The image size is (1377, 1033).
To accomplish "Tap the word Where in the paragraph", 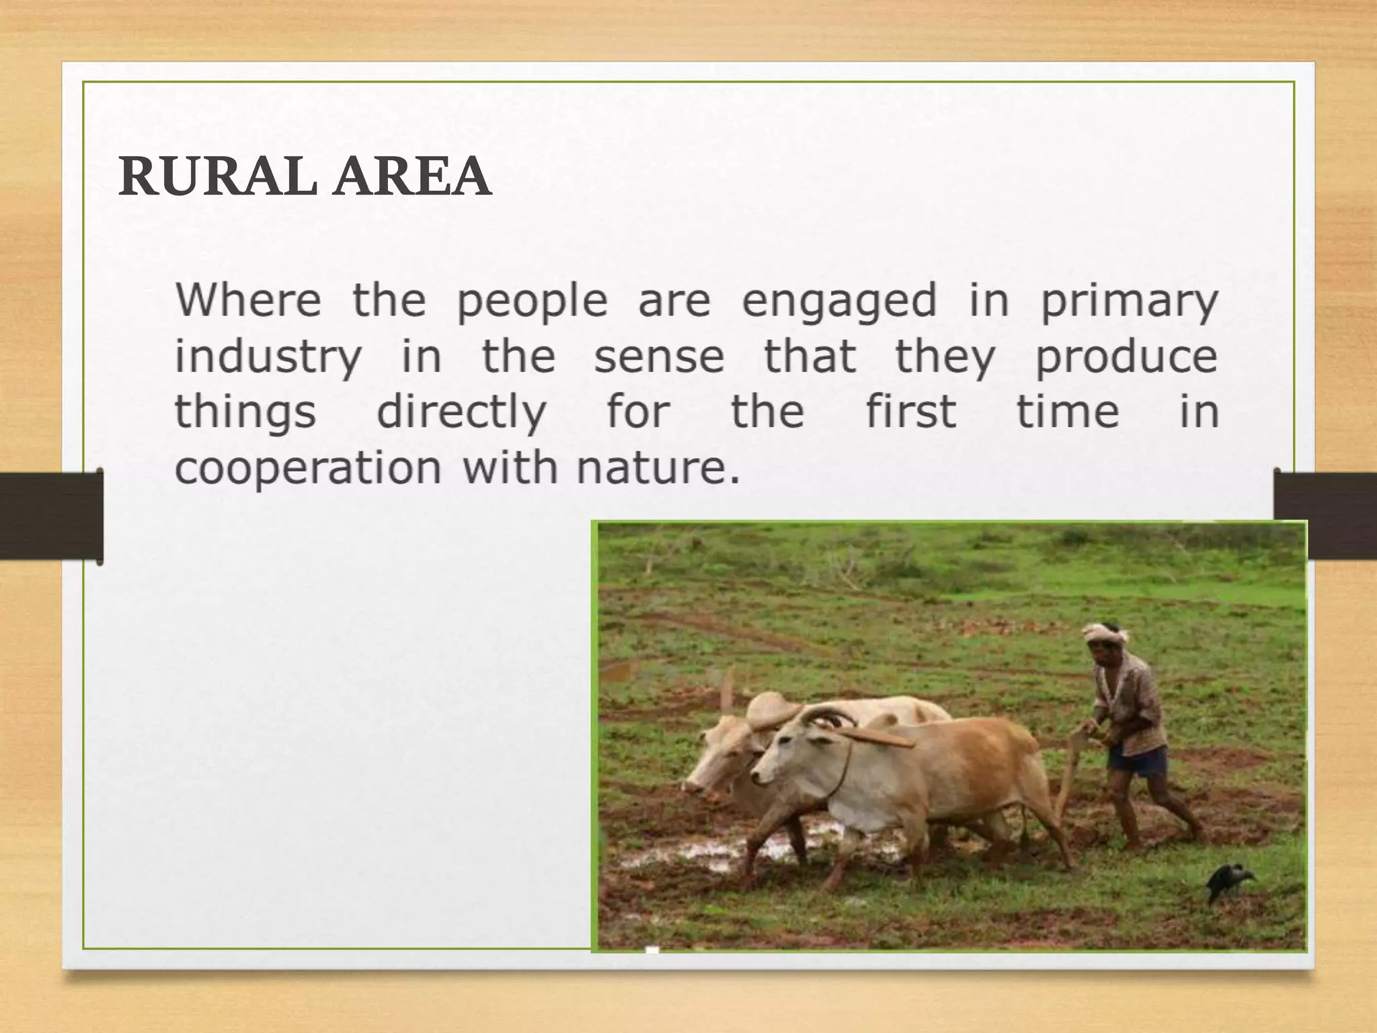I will (x=248, y=300).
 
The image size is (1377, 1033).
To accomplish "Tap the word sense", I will (x=659, y=356).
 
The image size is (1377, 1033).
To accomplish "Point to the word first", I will (x=910, y=412).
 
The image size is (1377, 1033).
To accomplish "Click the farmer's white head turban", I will (x=1104, y=633).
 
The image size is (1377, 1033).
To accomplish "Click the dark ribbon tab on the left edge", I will (x=51, y=516).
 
